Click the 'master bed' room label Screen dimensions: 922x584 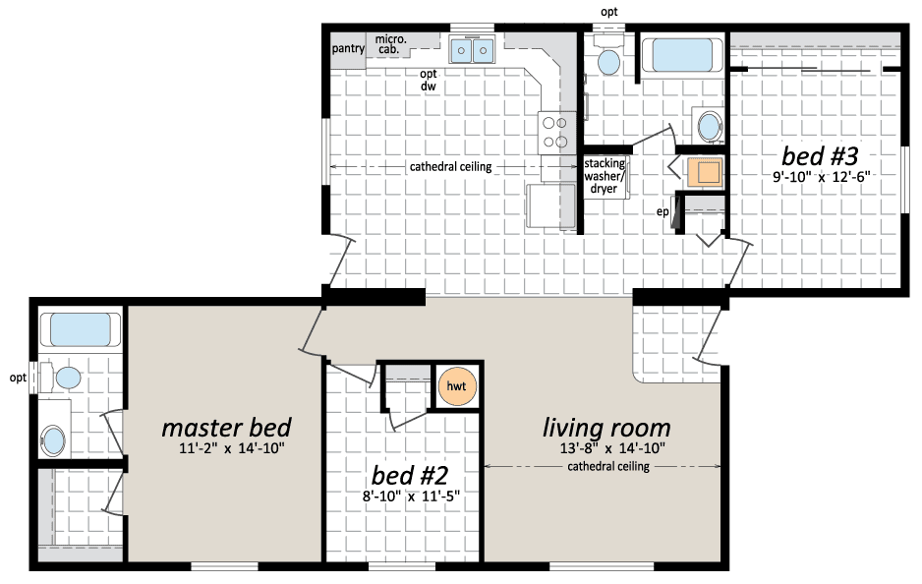(x=226, y=428)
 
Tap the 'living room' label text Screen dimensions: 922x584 (x=606, y=428)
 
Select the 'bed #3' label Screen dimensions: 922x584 (x=820, y=156)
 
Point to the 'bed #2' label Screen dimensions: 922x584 (x=410, y=475)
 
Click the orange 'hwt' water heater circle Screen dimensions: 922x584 (x=456, y=385)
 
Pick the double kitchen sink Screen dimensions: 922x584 (x=472, y=49)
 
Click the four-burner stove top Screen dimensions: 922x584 (x=556, y=133)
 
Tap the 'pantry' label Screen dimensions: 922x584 (x=348, y=48)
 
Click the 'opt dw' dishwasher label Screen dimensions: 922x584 (x=429, y=80)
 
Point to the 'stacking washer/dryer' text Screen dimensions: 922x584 (x=604, y=176)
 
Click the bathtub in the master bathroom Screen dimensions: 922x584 (x=80, y=329)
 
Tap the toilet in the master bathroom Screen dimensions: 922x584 (x=61, y=378)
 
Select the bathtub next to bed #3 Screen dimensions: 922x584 (x=682, y=55)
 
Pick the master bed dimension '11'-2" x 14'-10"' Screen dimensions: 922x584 (x=232, y=448)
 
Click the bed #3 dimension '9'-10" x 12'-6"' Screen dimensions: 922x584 (x=822, y=176)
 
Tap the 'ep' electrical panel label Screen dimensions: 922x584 (x=663, y=211)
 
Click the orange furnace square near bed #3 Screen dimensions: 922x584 (x=705, y=172)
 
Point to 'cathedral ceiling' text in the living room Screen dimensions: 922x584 (x=608, y=466)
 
